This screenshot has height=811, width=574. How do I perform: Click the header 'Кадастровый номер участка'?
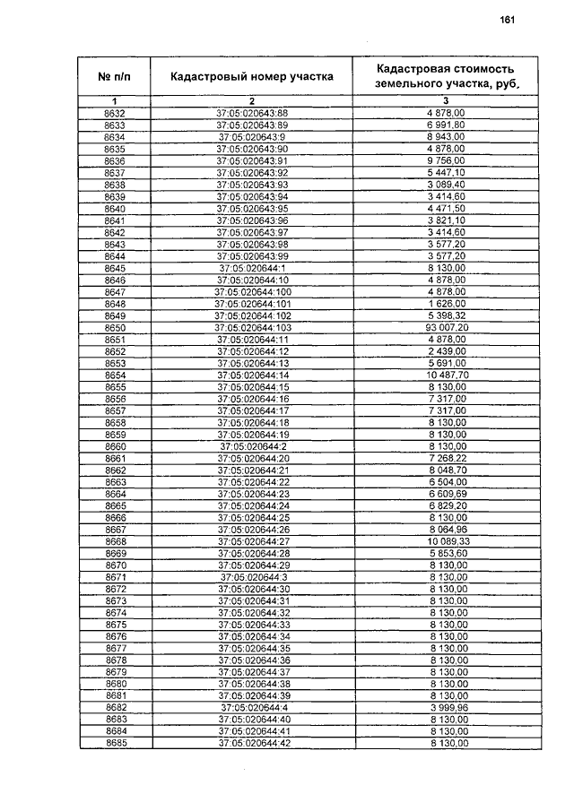pos(252,77)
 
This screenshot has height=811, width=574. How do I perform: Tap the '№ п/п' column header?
pos(115,77)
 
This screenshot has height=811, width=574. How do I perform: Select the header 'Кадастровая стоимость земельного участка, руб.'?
pos(445,77)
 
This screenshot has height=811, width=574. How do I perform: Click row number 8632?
pos(115,112)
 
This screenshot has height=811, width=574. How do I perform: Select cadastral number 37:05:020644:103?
pos(252,329)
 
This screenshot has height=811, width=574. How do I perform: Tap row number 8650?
pos(115,329)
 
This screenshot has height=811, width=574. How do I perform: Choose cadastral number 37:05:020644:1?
pos(252,268)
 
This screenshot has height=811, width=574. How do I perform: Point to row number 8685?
pos(115,743)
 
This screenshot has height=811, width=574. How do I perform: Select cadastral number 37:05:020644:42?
pos(252,743)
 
